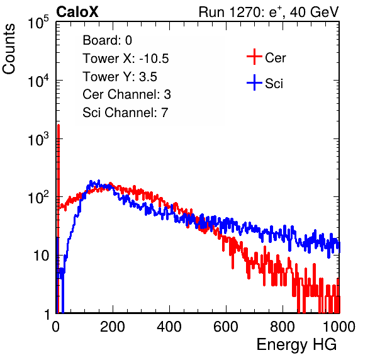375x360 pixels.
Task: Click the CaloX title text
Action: [x=77, y=12]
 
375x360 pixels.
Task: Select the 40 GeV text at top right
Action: [x=315, y=13]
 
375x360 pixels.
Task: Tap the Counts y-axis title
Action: [x=9, y=49]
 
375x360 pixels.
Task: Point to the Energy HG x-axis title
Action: [x=296, y=345]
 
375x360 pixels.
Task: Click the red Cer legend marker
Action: [x=254, y=57]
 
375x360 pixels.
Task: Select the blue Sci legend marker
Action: [x=254, y=82]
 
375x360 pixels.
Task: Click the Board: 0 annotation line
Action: [x=107, y=40]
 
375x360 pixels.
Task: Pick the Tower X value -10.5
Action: [x=154, y=59]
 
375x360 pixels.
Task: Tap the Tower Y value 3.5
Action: [x=148, y=77]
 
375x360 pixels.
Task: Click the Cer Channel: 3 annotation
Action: [x=126, y=94]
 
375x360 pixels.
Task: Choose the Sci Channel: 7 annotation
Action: [x=125, y=113]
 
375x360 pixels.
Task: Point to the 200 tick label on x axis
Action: [x=113, y=327]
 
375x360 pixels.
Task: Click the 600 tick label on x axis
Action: [x=226, y=327]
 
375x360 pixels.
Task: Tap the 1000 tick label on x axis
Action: [x=339, y=327]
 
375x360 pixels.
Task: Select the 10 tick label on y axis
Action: [x=41, y=256]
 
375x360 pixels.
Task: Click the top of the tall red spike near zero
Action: [x=59, y=125]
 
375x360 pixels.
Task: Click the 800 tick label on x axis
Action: [x=283, y=327]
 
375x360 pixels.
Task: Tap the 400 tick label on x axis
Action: [x=169, y=327]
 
